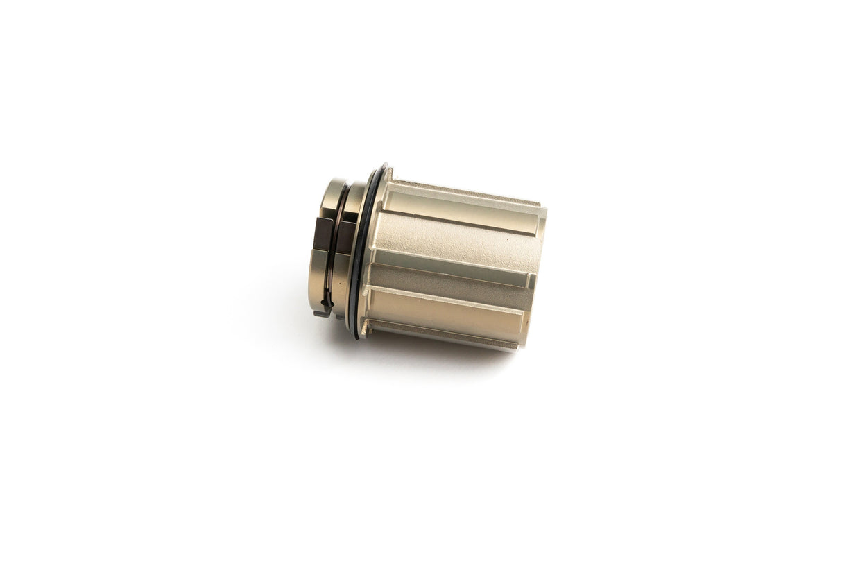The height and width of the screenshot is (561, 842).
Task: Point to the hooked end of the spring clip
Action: click(327, 302)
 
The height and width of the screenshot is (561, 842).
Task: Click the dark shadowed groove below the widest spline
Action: click(451, 277)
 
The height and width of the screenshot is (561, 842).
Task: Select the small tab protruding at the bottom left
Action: click(320, 313)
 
